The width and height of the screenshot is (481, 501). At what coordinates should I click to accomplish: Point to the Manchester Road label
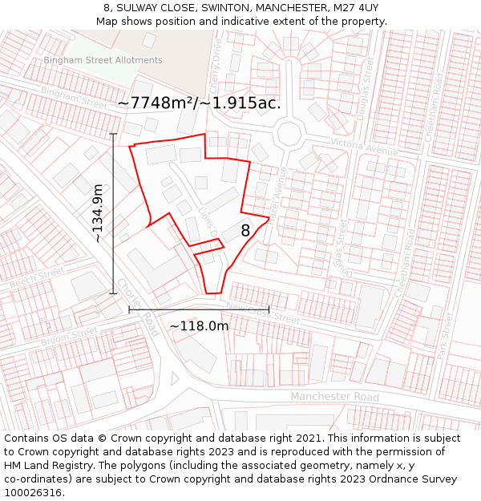pos(334,397)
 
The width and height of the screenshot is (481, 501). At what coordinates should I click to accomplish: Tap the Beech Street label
pos(37,278)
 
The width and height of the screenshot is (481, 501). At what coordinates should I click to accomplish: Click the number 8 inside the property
pos(245,231)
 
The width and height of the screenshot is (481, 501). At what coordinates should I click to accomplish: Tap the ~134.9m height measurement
pos(97,213)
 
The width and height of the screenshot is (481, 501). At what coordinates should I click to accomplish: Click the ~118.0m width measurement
pos(199,326)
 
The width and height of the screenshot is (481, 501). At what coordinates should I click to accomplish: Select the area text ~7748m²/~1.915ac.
pos(199,103)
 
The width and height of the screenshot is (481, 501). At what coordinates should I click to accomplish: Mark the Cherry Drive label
pos(216,68)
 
